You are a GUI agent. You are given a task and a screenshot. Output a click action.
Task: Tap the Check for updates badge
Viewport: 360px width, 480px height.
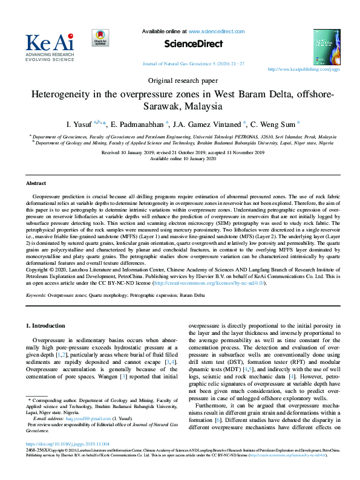100,38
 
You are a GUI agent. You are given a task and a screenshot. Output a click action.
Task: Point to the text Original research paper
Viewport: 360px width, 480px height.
180,80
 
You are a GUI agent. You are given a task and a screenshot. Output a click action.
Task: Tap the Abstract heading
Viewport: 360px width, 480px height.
36,183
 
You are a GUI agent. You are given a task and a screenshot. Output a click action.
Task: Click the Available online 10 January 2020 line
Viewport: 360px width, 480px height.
180,158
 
